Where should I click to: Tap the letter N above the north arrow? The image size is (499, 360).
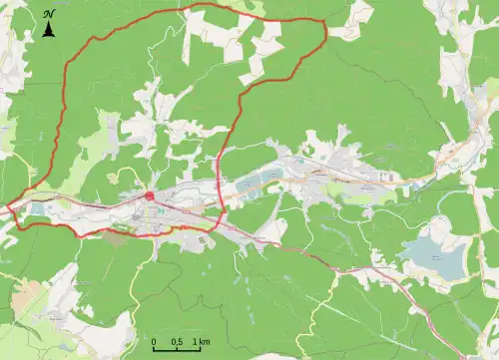48,14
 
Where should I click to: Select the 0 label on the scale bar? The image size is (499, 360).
155,343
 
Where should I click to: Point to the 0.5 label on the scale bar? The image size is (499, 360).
177,343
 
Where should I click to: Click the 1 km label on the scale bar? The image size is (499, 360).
202,343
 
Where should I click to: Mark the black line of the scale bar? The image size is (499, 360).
178,351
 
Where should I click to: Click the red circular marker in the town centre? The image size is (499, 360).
150,195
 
